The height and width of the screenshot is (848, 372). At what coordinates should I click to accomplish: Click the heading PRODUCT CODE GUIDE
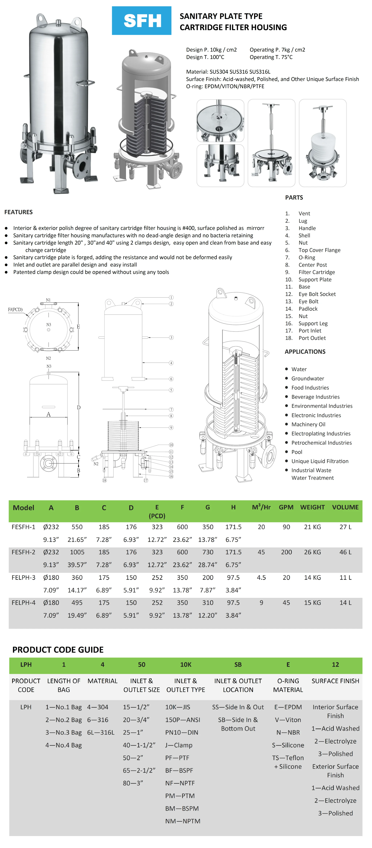pyautogui.click(x=58, y=650)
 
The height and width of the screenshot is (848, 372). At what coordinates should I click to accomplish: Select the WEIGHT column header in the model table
pyautogui.click(x=312, y=507)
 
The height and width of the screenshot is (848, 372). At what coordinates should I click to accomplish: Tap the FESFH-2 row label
pyautogui.click(x=23, y=552)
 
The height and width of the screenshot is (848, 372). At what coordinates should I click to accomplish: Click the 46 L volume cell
pyautogui.click(x=345, y=552)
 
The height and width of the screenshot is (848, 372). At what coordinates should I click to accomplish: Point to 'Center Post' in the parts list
pyautogui.click(x=312, y=265)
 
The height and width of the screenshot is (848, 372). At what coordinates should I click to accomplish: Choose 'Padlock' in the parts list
pyautogui.click(x=308, y=309)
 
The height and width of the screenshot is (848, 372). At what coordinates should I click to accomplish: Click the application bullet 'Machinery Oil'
pyautogui.click(x=308, y=424)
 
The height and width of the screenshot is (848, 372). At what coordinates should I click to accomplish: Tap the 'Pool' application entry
pyautogui.click(x=297, y=452)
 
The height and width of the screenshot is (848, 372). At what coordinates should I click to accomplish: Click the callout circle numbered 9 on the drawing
pyautogui.click(x=171, y=428)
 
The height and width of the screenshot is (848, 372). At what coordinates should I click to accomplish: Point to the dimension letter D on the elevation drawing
pyautogui.click(x=79, y=407)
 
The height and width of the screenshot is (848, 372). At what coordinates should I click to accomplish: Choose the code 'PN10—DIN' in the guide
pyautogui.click(x=182, y=732)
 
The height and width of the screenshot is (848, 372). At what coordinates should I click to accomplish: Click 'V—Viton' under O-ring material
pyautogui.click(x=288, y=720)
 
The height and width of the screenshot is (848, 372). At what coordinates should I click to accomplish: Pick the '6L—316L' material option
pyautogui.click(x=101, y=732)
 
